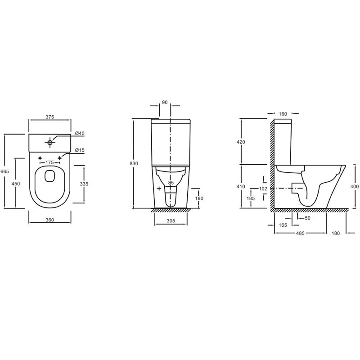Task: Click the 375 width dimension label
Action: pyautogui.click(x=49, y=117)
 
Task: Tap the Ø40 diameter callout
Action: pyautogui.click(x=80, y=133)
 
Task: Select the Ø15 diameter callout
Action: pyautogui.click(x=80, y=150)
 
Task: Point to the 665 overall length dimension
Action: pyautogui.click(x=4, y=171)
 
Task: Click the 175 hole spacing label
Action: pyautogui.click(x=49, y=162)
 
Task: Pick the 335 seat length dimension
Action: pyautogui.click(x=84, y=184)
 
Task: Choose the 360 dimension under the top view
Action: pyautogui.click(x=49, y=220)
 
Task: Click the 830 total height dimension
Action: pyautogui.click(x=134, y=163)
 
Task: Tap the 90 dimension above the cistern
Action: pyautogui.click(x=165, y=103)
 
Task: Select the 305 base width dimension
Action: pyautogui.click(x=171, y=221)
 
